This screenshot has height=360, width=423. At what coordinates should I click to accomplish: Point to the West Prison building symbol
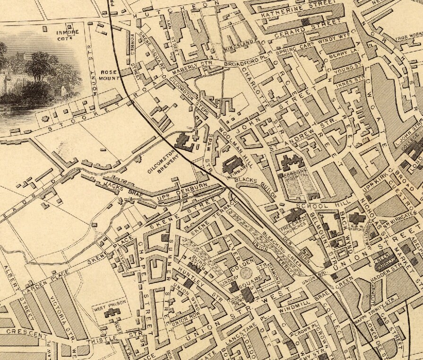coord(112,312)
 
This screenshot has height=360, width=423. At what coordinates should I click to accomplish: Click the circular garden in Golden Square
coord(246,274)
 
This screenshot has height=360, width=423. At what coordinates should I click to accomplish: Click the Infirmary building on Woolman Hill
coord(232,166)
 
